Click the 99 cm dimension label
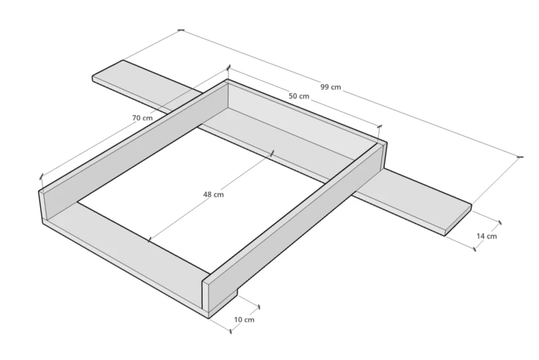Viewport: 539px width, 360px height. point(331,87)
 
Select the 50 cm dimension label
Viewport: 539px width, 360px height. point(298,96)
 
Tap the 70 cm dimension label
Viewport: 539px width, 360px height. point(142,118)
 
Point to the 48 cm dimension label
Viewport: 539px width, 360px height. point(214,195)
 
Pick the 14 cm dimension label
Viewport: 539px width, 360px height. point(486,236)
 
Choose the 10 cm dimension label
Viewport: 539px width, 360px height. point(244,320)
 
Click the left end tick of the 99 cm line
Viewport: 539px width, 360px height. point(181,30)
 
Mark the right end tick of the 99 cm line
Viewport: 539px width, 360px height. point(519,157)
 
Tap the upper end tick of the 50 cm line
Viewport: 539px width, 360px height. point(229,67)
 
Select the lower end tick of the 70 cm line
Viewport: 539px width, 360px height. point(41,177)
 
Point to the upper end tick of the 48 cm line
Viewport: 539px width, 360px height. point(272,153)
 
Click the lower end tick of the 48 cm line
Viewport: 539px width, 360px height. point(149,239)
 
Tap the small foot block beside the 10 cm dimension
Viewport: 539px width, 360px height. point(224,303)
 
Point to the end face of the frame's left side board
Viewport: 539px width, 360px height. point(42,205)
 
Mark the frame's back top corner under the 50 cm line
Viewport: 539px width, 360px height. point(227,80)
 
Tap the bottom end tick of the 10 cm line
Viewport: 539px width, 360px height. point(230,331)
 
